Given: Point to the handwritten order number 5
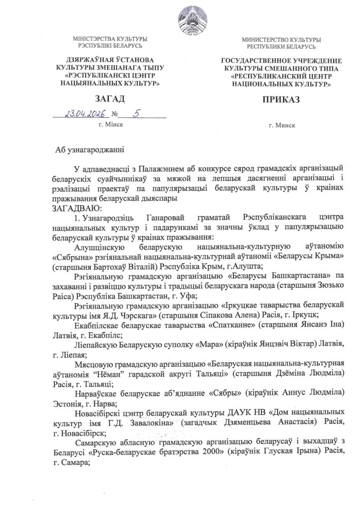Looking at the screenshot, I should (135, 114).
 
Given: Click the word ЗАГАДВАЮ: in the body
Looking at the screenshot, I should (76, 207).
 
